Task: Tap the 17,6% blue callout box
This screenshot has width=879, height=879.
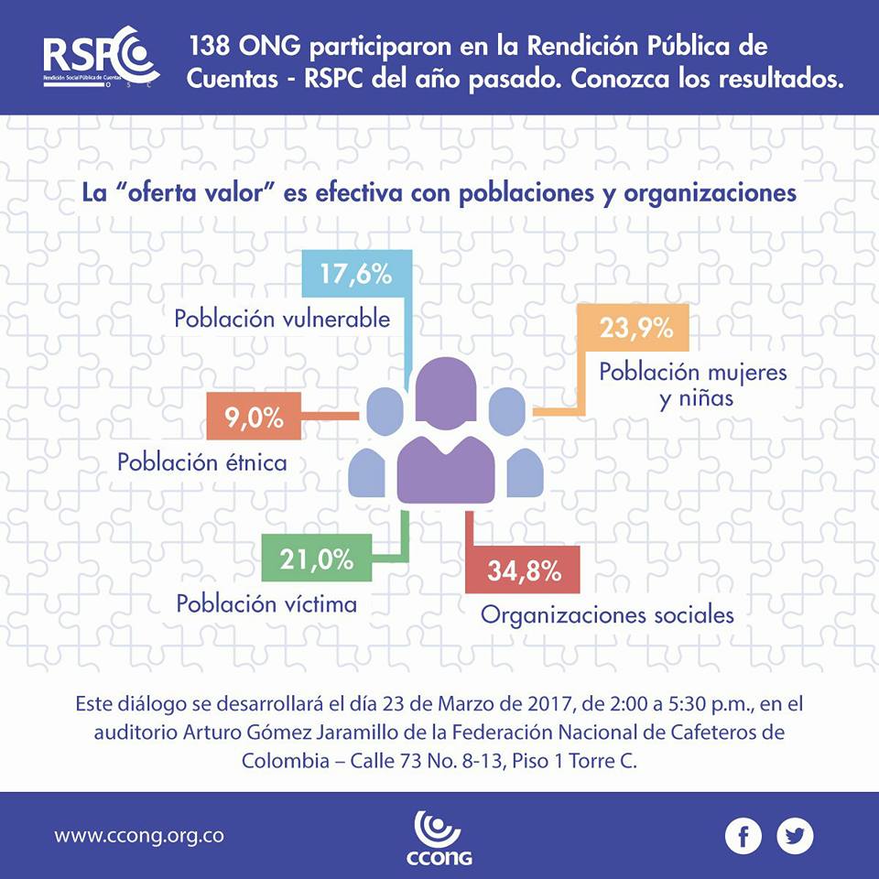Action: click(356, 274)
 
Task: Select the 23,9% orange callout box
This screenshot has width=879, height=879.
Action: click(632, 327)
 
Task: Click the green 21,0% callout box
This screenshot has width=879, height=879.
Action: click(307, 559)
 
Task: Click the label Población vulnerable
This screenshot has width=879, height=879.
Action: click(282, 319)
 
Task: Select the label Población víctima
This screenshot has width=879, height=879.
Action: click(266, 603)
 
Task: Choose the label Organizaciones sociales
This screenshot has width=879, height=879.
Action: click(607, 614)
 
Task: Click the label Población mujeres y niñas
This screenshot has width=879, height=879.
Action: click(693, 386)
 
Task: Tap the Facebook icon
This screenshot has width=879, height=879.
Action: click(743, 835)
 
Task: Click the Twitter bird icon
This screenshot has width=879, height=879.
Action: click(795, 835)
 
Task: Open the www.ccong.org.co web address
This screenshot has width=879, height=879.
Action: click(139, 835)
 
